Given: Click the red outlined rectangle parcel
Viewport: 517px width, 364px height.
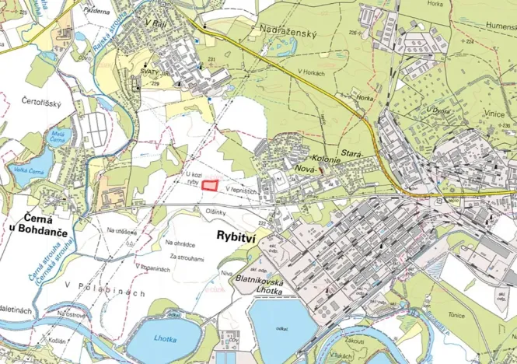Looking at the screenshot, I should pos(209,185).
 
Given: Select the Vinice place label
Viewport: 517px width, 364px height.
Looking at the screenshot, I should pos(494,114).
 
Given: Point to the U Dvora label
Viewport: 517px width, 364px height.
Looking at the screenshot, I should pos(438,110).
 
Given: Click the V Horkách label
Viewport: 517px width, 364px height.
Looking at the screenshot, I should pos(311,72).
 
